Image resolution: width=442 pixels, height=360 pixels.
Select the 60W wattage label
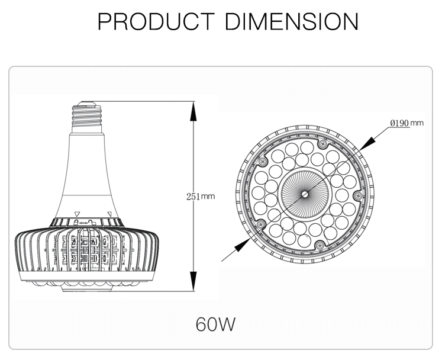click(x=215, y=324)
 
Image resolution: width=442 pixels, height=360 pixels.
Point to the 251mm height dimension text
click(x=200, y=196)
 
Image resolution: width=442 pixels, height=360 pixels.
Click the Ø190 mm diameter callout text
click(x=406, y=123)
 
